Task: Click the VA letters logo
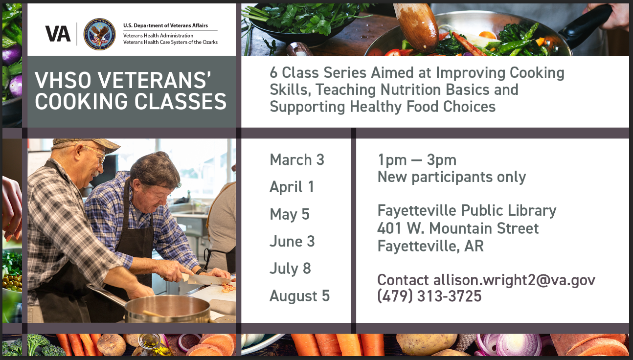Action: click(58, 33)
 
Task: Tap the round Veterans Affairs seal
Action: click(99, 34)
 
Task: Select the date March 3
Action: click(296, 160)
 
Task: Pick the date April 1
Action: click(292, 187)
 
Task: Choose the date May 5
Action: click(289, 214)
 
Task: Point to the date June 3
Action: click(292, 241)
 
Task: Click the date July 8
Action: click(290, 269)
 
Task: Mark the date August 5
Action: click(299, 296)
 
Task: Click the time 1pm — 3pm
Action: click(417, 160)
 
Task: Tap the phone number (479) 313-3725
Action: click(429, 296)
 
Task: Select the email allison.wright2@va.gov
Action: click(514, 280)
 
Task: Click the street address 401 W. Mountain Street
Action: click(458, 228)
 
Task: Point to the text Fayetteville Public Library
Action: click(467, 210)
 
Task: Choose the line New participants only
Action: click(452, 177)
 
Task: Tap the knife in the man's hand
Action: click(205, 279)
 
